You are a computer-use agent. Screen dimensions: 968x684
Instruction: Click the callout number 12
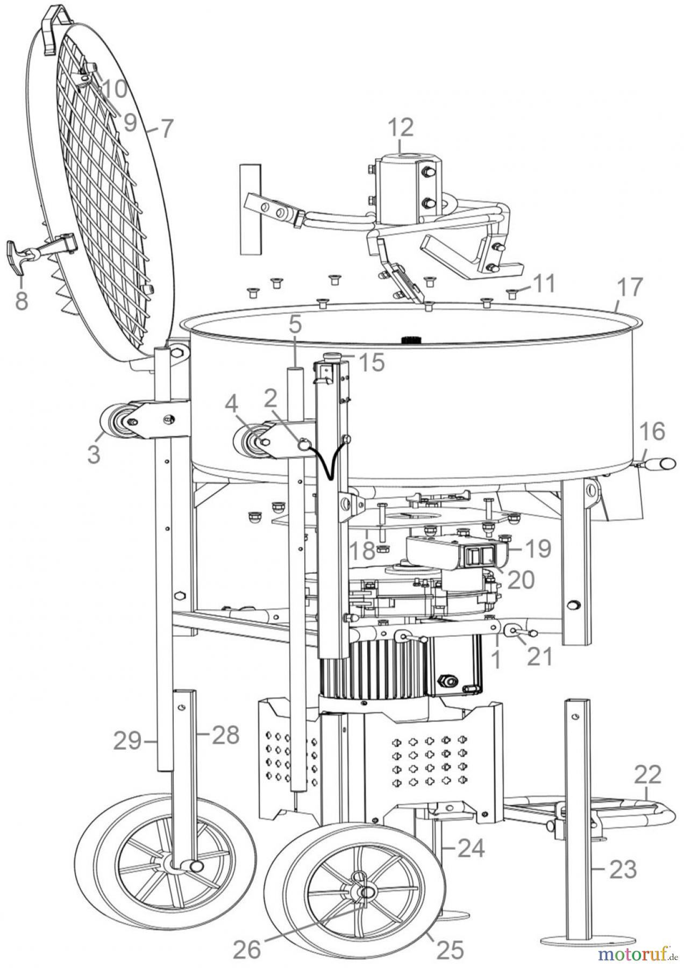click(401, 127)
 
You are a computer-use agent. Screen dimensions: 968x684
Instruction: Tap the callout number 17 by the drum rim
click(629, 288)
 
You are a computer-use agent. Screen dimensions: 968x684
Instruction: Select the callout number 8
click(21, 300)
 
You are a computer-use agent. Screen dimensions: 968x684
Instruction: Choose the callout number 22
click(647, 775)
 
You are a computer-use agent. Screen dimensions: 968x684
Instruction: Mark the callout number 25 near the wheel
click(450, 950)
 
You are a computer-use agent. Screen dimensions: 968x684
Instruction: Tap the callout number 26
click(247, 950)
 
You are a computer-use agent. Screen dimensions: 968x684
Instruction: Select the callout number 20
click(520, 579)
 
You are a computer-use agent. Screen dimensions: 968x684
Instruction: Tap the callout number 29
click(127, 742)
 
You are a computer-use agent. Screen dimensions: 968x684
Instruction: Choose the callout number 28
click(225, 734)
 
